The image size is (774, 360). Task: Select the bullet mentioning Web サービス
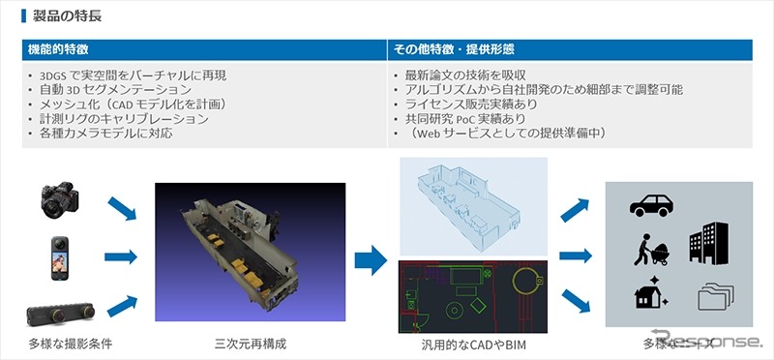[497, 134]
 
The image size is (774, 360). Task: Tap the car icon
[651, 205]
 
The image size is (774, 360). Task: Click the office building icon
[708, 244]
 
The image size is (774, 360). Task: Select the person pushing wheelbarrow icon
[647, 250]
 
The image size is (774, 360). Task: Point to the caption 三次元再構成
[250, 344]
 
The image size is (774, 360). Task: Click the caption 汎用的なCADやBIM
[472, 345]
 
